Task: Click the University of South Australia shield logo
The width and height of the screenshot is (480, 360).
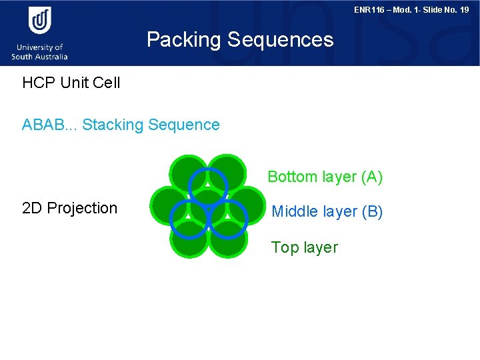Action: click(40, 20)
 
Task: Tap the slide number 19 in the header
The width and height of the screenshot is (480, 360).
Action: click(463, 10)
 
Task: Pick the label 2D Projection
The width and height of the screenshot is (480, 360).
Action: click(69, 208)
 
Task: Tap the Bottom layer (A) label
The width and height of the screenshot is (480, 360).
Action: click(325, 177)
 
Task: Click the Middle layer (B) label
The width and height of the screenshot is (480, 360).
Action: click(327, 212)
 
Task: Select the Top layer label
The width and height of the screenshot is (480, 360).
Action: click(304, 247)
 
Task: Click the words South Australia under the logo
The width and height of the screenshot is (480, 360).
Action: click(39, 57)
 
